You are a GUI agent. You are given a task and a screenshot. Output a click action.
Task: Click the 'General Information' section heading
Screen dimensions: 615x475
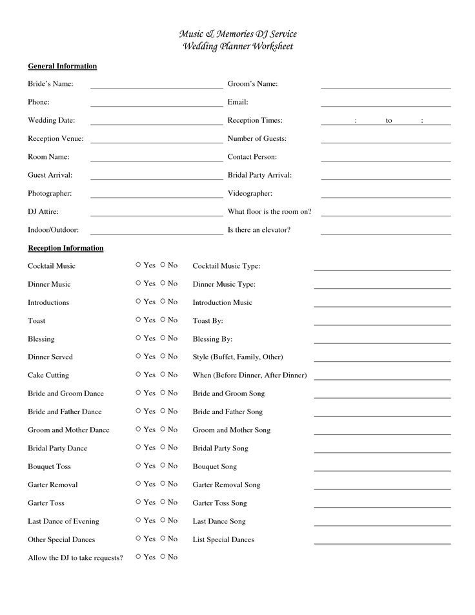62,66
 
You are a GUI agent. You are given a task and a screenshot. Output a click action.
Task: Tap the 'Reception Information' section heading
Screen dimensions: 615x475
65,248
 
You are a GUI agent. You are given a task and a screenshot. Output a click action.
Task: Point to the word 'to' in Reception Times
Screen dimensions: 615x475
389,121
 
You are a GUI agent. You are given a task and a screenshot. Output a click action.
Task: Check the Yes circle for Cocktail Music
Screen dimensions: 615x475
138,265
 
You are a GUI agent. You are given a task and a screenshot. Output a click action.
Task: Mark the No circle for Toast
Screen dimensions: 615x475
163,320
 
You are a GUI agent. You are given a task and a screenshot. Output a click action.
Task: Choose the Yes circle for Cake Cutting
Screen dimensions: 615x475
138,374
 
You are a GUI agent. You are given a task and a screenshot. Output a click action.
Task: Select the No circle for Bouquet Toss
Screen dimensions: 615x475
163,465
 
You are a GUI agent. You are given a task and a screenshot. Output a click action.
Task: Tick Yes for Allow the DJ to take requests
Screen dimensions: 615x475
138,556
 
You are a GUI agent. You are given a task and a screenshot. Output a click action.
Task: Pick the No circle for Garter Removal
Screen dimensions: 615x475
163,483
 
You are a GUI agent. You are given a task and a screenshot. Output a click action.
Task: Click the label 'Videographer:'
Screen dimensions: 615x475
250,193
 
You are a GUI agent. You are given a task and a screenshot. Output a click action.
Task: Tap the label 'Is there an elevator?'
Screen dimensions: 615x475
259,229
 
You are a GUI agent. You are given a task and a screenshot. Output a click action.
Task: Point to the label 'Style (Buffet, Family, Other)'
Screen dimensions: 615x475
237,357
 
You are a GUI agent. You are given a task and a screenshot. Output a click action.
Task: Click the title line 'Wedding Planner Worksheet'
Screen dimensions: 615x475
237,46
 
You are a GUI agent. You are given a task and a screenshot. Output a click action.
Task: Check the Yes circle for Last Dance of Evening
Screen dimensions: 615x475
138,520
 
